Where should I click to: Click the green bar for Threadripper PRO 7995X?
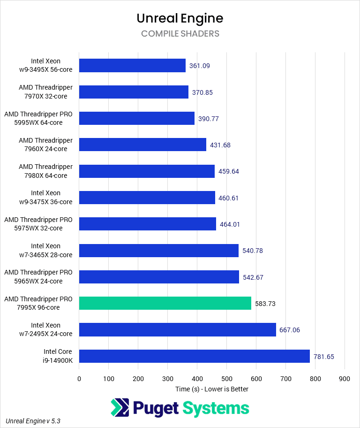click(x=165, y=303)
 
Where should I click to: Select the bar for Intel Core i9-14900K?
click(x=194, y=356)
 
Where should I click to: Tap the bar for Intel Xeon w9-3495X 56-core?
click(x=132, y=65)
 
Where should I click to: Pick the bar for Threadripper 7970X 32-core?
click(x=134, y=92)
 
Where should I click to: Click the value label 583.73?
click(x=265, y=304)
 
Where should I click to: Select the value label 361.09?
click(x=199, y=66)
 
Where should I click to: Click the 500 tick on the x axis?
click(x=226, y=379)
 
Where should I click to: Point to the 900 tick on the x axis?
click(x=345, y=379)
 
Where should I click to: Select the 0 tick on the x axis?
click(x=79, y=379)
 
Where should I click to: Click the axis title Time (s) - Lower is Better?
click(x=212, y=389)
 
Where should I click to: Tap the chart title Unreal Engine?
click(x=180, y=18)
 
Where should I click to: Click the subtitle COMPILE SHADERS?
click(x=180, y=34)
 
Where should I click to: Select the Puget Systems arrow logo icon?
click(x=120, y=407)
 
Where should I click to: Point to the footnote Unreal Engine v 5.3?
click(x=33, y=421)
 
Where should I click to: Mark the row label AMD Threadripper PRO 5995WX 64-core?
click(x=38, y=118)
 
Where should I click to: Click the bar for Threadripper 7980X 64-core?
click(x=147, y=171)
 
